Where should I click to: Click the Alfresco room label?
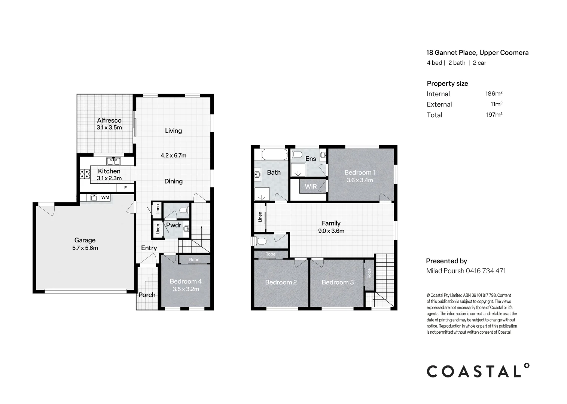(x=109, y=120)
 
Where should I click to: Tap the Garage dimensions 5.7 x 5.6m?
(x=85, y=248)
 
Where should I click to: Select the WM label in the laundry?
(x=105, y=197)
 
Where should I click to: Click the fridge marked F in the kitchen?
(x=125, y=188)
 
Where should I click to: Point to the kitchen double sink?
(x=113, y=161)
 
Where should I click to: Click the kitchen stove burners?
(x=85, y=174)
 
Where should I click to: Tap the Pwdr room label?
(x=174, y=225)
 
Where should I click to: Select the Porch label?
(x=147, y=295)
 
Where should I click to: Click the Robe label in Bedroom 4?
(x=194, y=260)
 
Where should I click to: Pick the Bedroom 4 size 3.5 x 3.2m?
(x=186, y=289)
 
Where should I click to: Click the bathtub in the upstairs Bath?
(x=275, y=154)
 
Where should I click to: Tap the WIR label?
(x=311, y=186)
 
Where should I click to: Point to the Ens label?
(x=311, y=159)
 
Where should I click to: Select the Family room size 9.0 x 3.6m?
(x=331, y=231)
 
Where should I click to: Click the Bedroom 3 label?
(x=338, y=282)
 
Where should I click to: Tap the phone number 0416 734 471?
(x=486, y=270)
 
